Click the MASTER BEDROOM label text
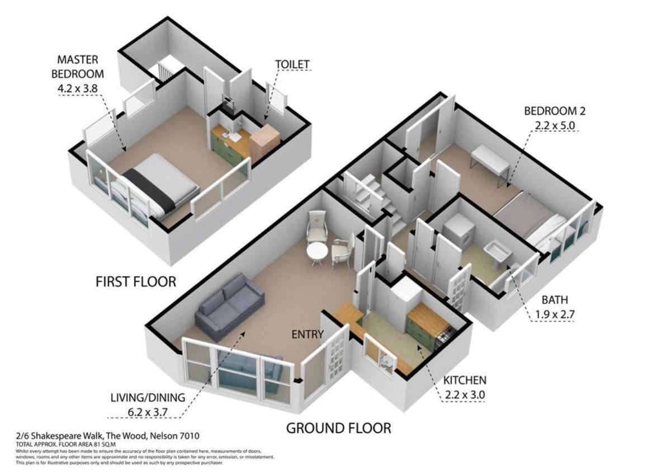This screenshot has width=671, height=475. tap(78, 67)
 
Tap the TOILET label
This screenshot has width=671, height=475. tap(292, 64)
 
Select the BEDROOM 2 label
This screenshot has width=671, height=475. tap(555, 111)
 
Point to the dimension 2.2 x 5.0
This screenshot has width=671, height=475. tap(555, 125)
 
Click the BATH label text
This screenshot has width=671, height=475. tap(555, 300)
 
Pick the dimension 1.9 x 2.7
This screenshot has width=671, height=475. tap(555, 314)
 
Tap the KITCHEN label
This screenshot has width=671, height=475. tap(465, 380)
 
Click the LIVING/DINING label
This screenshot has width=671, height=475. tap(148, 398)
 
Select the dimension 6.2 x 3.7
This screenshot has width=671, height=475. tap(148, 412)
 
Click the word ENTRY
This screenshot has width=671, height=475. tap(308, 334)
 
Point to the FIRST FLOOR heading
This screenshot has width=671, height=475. tap(136, 282)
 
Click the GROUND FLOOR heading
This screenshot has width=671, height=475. tap(338, 428)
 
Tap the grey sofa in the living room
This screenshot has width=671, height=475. tap(229, 307)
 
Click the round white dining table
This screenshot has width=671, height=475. tap(317, 253)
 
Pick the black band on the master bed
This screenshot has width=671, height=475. tap(149, 189)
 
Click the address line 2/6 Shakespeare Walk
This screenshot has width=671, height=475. tap(107, 436)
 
